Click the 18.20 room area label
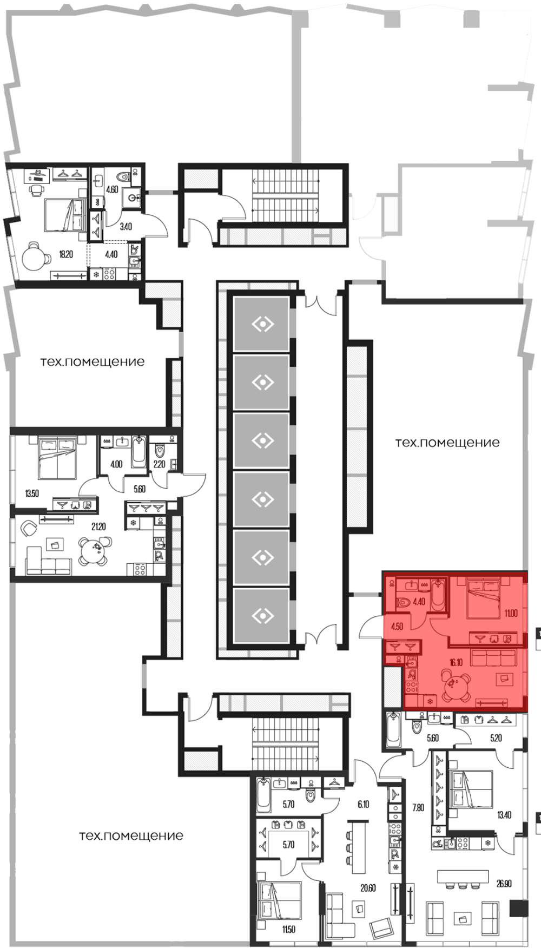pyautogui.click(x=66, y=254)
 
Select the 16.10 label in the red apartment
pyautogui.click(x=456, y=662)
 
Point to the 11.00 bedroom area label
pyautogui.click(x=511, y=614)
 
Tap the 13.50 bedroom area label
pyautogui.click(x=32, y=493)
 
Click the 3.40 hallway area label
pyautogui.click(x=126, y=227)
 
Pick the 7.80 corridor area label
pyautogui.click(x=418, y=808)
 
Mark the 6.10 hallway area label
pyautogui.click(x=363, y=804)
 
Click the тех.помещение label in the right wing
pyautogui.click(x=447, y=443)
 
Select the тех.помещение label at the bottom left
pyautogui.click(x=131, y=836)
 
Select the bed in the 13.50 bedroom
pyautogui.click(x=56, y=457)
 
